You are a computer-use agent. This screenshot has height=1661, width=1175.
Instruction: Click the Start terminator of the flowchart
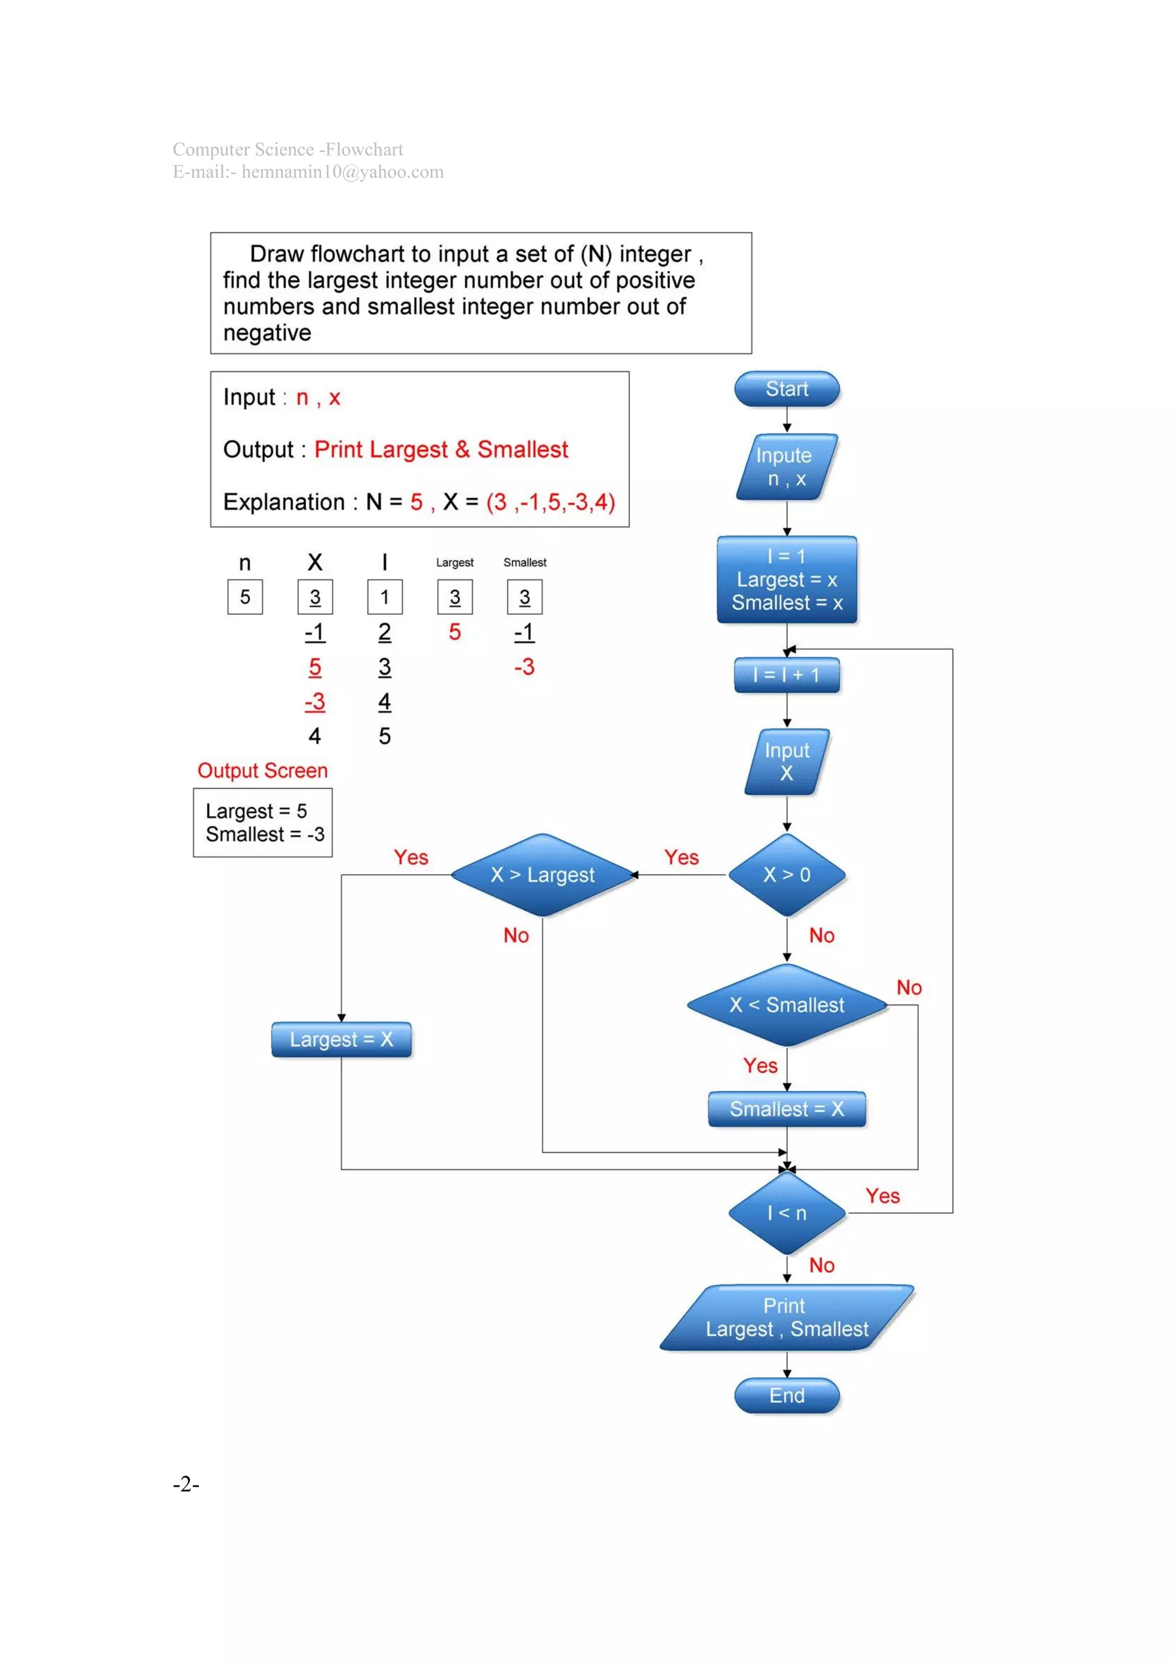tap(787, 389)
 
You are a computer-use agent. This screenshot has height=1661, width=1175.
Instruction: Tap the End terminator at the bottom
tap(787, 1395)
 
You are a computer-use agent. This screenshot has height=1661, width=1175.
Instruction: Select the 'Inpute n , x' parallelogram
tap(787, 467)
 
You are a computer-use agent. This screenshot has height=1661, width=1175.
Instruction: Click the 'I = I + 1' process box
tap(787, 675)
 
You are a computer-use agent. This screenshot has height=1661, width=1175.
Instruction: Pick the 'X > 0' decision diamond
tap(787, 875)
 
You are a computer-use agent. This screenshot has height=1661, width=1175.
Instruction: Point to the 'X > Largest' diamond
tap(543, 875)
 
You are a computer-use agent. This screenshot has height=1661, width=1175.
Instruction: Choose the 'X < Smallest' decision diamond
tap(787, 1005)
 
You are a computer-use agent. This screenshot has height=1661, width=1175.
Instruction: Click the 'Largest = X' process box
tap(341, 1040)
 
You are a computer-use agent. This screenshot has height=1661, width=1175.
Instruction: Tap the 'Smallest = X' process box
tap(787, 1109)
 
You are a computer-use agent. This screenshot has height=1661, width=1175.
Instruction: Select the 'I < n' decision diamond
tap(787, 1213)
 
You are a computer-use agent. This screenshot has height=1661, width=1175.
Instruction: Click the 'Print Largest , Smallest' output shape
tap(787, 1317)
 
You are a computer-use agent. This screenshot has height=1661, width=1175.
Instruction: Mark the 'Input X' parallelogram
tap(787, 762)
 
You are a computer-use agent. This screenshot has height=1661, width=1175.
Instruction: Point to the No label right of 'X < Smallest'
tap(909, 988)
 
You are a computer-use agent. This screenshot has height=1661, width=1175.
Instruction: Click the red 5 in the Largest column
tap(454, 631)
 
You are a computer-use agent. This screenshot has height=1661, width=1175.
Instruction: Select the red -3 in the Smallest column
tap(524, 666)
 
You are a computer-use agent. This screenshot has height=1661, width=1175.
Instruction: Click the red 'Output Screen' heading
tap(263, 770)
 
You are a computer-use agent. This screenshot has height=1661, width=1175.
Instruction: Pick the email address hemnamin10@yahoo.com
tap(342, 172)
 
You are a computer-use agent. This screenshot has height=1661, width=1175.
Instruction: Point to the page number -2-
tap(186, 1484)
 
